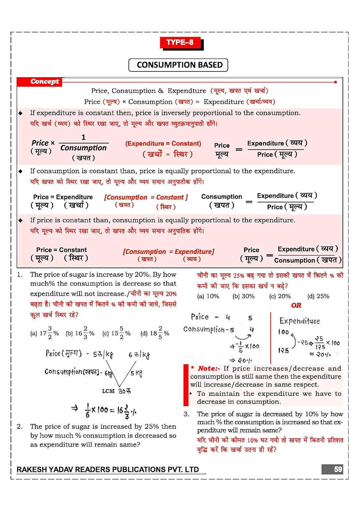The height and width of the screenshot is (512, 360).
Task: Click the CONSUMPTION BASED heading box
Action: point(178,65)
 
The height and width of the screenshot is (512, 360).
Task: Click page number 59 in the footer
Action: point(337,469)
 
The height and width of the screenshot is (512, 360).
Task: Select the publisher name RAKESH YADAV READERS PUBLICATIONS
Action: point(107,470)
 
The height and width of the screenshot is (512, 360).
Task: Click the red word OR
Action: point(296,305)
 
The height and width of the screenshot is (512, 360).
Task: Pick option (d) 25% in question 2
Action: point(318,296)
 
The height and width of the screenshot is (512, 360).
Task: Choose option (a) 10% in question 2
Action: point(208,296)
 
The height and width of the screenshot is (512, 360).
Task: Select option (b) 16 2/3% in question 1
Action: point(80,333)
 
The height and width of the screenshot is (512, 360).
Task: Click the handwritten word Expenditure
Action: point(299,321)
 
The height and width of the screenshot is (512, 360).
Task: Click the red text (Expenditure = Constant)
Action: point(163,144)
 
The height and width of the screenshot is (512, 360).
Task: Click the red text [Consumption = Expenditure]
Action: point(169,252)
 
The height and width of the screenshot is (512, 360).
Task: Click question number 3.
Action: point(186,414)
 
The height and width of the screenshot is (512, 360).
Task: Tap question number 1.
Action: point(20,274)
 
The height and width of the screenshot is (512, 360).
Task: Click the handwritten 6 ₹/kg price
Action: point(139,355)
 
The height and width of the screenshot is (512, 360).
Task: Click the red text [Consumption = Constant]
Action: point(146,197)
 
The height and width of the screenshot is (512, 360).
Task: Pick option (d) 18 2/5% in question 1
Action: point(155,333)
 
